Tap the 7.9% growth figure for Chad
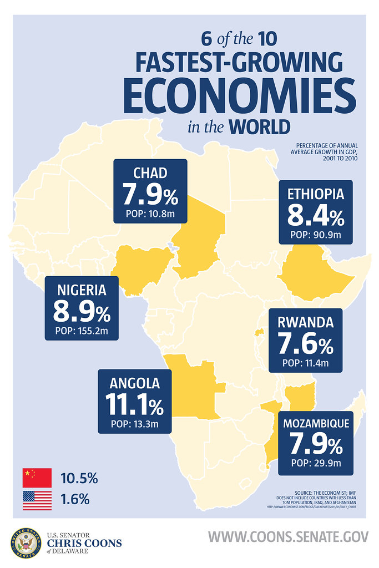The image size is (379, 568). [150, 195]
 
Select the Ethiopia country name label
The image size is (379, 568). [316, 194]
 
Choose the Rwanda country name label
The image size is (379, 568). [306, 322]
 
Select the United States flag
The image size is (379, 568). [37, 500]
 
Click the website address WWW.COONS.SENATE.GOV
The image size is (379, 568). [288, 537]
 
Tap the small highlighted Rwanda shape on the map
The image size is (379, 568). [257, 333]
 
